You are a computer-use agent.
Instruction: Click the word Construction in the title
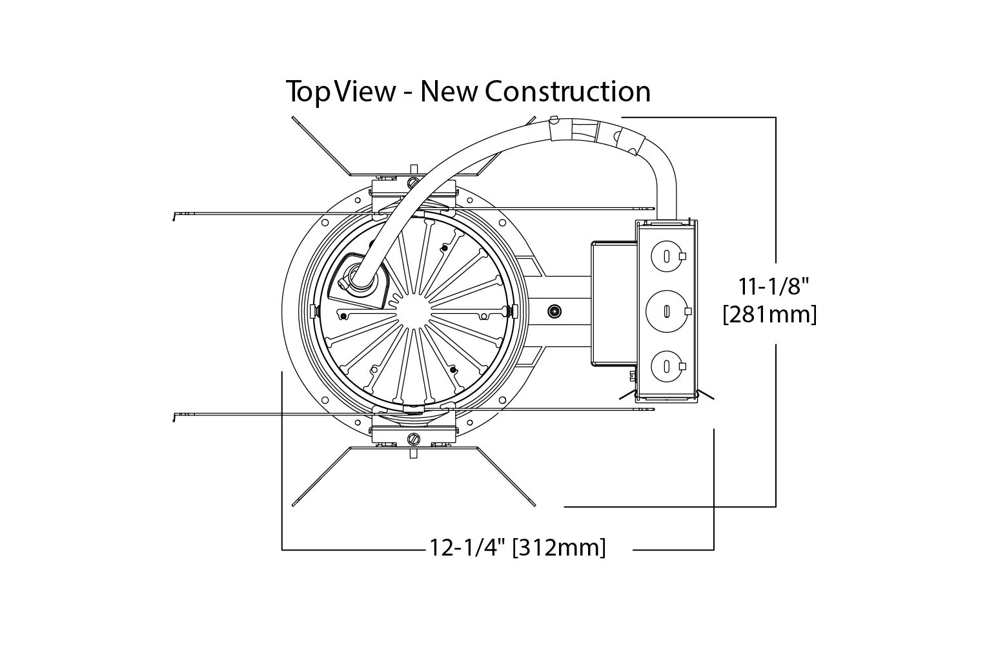pos(567,91)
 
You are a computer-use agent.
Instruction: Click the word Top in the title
pos(305,92)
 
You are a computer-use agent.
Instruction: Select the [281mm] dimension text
pos(770,315)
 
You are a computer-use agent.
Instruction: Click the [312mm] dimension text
pos(559,548)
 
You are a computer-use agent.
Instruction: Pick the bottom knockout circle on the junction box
pos(664,366)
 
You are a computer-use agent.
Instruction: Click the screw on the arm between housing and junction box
pos(553,311)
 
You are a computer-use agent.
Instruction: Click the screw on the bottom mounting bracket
pos(413,439)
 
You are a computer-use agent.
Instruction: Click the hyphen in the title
pos(407,92)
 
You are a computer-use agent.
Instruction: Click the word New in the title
pos(448,92)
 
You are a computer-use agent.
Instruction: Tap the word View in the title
pos(360,92)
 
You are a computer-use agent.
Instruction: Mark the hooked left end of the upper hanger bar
pos(174,216)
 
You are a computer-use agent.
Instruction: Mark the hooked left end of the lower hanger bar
pos(174,415)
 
